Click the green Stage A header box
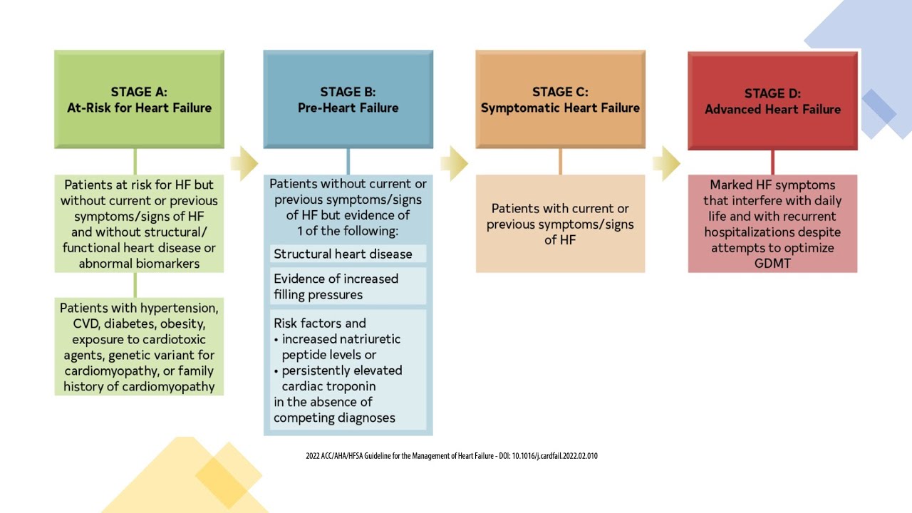(139, 99)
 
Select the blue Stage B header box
(348, 99)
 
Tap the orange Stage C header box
(560, 99)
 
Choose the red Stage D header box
(772, 100)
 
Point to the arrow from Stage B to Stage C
(454, 163)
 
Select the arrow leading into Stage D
(666, 163)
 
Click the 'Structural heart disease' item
(343, 254)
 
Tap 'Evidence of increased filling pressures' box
(336, 286)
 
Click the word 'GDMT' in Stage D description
(772, 264)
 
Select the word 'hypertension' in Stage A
(180, 308)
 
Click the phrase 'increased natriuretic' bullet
(341, 339)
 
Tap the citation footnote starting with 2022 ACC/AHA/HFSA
(452, 455)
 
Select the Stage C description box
(560, 224)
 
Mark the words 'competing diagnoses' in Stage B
(334, 418)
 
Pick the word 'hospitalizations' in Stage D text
(772, 232)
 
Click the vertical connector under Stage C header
(560, 162)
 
